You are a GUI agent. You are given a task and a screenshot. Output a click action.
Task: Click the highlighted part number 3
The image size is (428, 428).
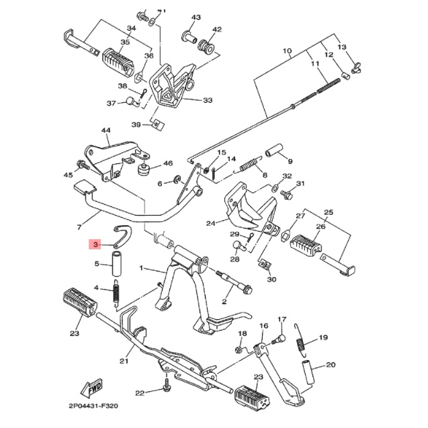(95, 245)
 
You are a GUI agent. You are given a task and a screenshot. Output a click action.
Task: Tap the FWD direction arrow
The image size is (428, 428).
(91, 388)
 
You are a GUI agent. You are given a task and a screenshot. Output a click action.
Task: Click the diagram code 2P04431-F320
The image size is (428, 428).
(93, 406)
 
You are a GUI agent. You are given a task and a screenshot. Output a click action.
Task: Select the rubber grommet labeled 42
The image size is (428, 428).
(207, 46)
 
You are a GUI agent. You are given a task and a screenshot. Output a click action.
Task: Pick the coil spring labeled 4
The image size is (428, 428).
(116, 292)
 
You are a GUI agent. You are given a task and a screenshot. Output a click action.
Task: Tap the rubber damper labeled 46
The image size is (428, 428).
(144, 170)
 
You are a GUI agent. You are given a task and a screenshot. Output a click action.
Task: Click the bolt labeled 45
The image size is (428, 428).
(83, 165)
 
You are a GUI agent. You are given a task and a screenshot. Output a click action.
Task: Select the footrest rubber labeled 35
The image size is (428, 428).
(118, 60)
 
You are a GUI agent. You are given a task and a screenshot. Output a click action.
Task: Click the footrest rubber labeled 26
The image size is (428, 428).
(306, 245)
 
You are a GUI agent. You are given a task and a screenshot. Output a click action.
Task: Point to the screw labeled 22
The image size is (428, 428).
(167, 384)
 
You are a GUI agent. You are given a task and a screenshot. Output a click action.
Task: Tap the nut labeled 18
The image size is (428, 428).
(239, 349)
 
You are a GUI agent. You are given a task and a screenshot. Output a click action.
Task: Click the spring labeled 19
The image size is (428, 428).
(300, 340)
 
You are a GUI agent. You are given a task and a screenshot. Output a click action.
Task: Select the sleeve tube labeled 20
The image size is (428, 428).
(308, 372)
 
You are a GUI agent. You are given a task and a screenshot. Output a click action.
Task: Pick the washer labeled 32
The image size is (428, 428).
(275, 188)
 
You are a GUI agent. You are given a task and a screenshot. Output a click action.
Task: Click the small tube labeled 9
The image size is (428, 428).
(274, 151)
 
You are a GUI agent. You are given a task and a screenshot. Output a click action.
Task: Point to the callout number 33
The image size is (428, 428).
(208, 101)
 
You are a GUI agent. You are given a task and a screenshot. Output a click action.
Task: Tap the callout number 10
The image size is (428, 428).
(287, 51)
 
